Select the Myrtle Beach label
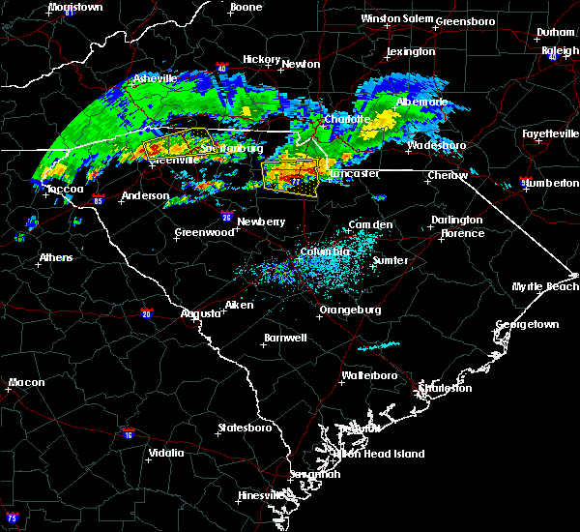point(549,287)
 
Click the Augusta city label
point(203,313)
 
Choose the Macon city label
point(26,382)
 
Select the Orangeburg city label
point(349,310)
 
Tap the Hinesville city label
point(261,495)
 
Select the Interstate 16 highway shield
point(129,434)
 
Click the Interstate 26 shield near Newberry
point(226,217)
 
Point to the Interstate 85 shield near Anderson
point(99,200)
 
